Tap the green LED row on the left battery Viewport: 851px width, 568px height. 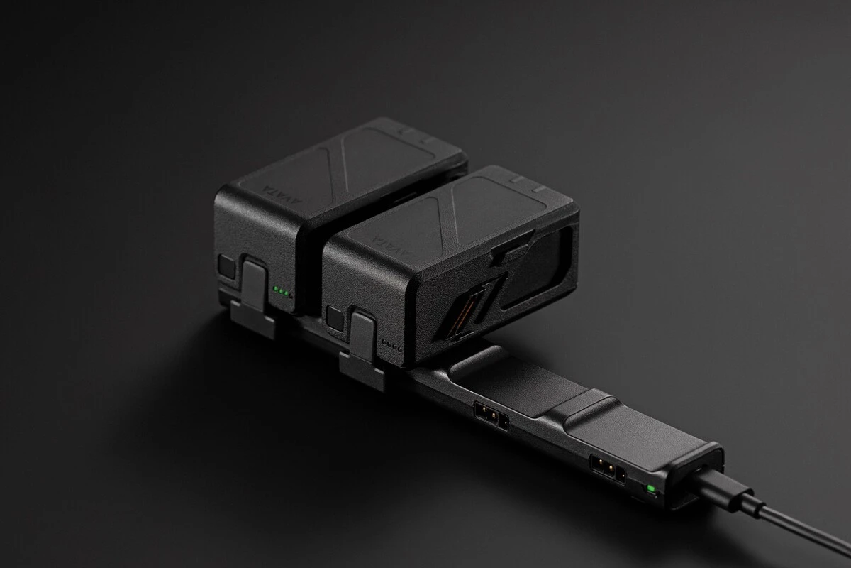coord(282,292)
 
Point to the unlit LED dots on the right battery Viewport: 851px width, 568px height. coord(391,345)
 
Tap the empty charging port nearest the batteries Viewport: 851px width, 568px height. coord(490,416)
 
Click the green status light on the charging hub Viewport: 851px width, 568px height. coord(651,489)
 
